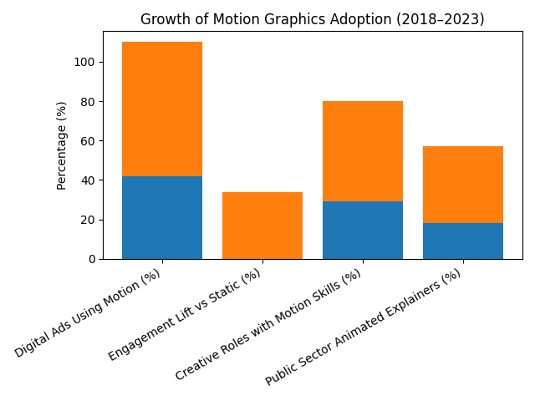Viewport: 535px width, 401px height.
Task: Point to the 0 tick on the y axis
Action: coord(89,259)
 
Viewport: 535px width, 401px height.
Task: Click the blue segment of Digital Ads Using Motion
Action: coord(162,217)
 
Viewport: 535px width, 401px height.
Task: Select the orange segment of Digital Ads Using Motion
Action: coord(162,109)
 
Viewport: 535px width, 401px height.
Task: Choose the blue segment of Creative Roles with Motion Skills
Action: coord(363,230)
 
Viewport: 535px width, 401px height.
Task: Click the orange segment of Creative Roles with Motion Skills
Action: coord(363,151)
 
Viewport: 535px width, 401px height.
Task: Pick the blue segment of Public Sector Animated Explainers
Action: coord(463,241)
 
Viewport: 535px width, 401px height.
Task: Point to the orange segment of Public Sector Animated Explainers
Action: coord(463,185)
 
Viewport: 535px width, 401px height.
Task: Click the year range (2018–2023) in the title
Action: coord(441,19)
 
